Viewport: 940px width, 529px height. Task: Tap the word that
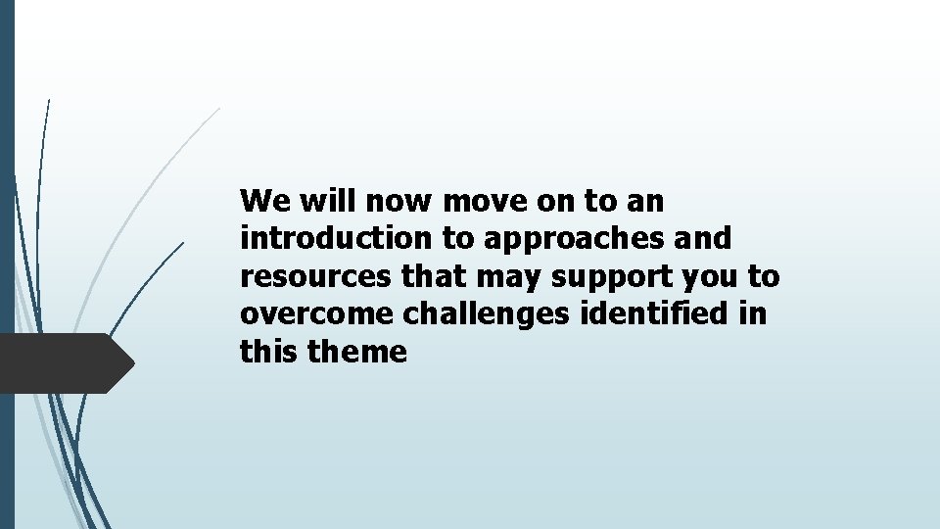tap(435, 277)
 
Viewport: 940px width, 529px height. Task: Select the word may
tap(510, 277)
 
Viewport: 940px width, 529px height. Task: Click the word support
tap(610, 277)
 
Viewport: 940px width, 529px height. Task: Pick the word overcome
tap(311, 314)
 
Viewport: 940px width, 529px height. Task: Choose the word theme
tap(357, 353)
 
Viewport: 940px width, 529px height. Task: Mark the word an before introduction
tap(645, 202)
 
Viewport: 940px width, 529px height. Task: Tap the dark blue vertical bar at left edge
tap(7, 264)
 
